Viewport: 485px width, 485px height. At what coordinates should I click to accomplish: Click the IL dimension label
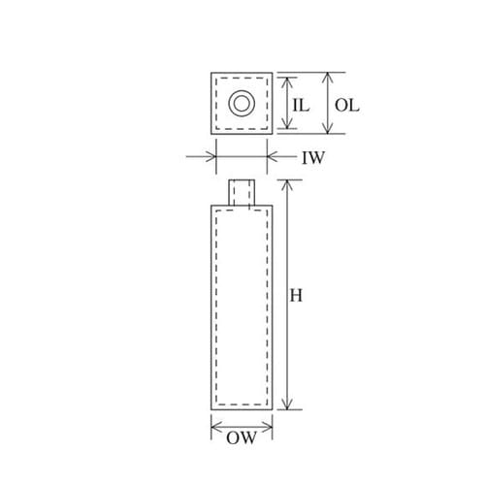click(x=301, y=106)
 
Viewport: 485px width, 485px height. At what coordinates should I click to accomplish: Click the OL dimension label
click(x=346, y=106)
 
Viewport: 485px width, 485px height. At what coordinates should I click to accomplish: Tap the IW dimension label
click(x=313, y=158)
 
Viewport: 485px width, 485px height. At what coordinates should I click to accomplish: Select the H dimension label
click(x=296, y=295)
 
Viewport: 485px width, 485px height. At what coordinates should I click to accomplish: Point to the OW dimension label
click(x=242, y=438)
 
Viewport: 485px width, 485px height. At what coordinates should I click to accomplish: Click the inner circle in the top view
click(x=242, y=104)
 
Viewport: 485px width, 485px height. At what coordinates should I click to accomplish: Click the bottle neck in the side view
click(x=242, y=192)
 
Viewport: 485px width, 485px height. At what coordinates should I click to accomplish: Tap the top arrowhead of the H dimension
click(x=287, y=185)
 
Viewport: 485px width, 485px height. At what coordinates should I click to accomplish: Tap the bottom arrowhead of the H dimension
click(x=287, y=404)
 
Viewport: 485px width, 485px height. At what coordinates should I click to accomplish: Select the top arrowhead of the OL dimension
click(x=328, y=78)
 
